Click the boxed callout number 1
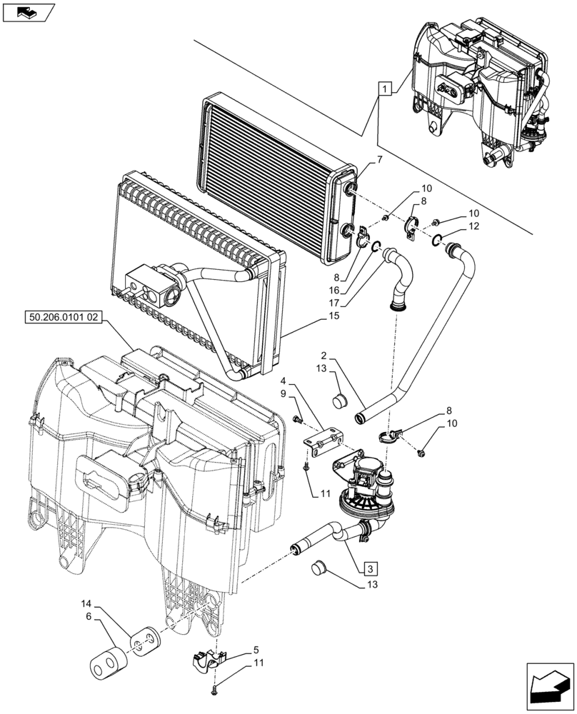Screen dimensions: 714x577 (x=385, y=90)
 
